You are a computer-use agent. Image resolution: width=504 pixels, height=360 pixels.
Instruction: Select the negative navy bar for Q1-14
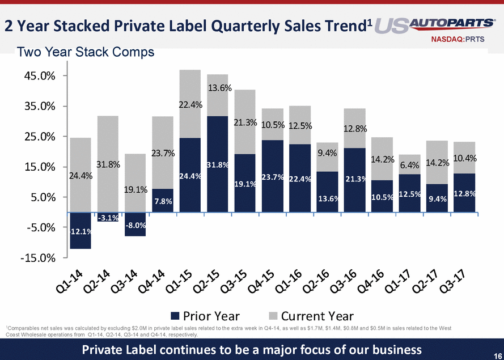pyautogui.click(x=81, y=231)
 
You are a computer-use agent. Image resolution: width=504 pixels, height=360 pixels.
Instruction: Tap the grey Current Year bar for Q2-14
pyautogui.click(x=108, y=164)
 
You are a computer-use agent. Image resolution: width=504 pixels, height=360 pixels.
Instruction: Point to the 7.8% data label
pyautogui.click(x=163, y=202)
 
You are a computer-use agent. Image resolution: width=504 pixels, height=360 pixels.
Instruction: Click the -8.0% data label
pyautogui.click(x=135, y=225)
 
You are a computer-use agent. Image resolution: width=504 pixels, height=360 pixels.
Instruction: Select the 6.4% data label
pyautogui.click(x=409, y=165)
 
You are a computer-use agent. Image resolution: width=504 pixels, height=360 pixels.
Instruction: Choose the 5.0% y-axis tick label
pyautogui.click(x=41, y=197)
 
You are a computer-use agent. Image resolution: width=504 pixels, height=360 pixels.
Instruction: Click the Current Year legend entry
pyautogui.click(x=317, y=316)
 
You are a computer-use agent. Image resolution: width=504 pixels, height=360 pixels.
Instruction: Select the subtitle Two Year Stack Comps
pyautogui.click(x=86, y=53)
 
